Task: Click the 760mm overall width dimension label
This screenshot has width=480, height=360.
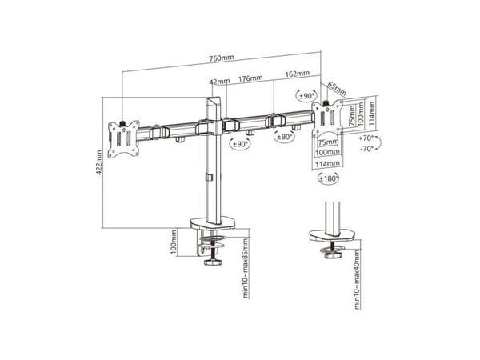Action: click(222, 58)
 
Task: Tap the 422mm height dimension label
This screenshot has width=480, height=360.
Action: click(99, 162)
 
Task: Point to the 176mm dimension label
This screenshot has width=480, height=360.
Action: click(250, 78)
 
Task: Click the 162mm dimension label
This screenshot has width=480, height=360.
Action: click(298, 74)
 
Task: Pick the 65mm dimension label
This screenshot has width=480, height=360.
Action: click(337, 89)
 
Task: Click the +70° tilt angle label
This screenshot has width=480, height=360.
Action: click(366, 138)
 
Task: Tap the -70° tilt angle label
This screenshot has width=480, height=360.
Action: click(366, 149)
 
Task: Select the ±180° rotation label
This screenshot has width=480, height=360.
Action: click(329, 178)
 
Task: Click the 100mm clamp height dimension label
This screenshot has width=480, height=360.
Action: click(174, 242)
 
